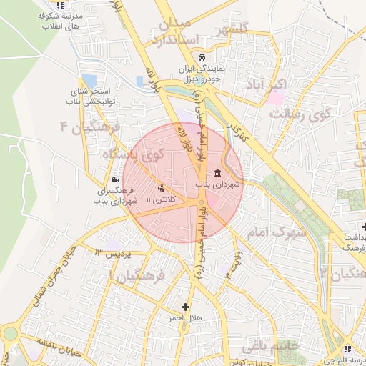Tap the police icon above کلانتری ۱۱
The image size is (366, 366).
pyautogui.click(x=160, y=188)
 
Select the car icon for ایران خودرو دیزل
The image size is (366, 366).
pyautogui.click(x=202, y=57)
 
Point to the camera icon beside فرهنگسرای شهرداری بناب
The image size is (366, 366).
pyautogui.click(x=115, y=179)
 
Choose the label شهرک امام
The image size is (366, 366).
pyautogui.click(x=275, y=232)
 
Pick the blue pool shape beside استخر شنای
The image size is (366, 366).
pyautogui.click(x=89, y=80)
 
